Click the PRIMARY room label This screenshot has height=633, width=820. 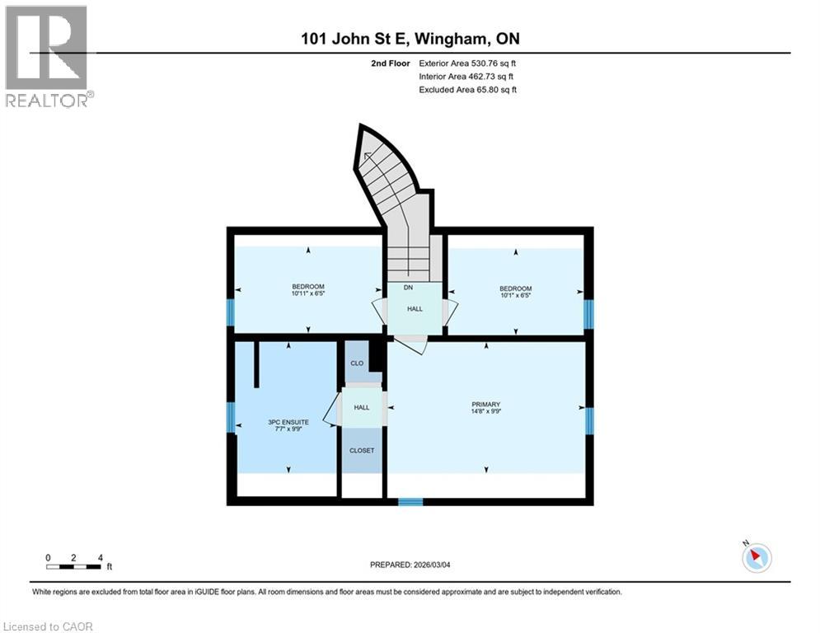(x=485, y=404)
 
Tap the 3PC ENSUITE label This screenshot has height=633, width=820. (x=288, y=421)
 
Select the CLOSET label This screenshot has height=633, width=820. (x=362, y=450)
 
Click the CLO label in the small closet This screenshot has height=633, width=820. (x=357, y=363)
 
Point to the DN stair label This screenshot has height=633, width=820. (x=407, y=288)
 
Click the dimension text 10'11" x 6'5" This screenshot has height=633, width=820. (x=307, y=293)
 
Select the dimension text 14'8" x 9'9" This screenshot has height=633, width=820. (x=485, y=411)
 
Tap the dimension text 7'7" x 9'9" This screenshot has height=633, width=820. (x=288, y=429)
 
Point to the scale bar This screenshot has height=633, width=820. (x=73, y=565)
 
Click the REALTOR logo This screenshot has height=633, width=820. (x=48, y=56)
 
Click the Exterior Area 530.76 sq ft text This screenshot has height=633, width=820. (x=467, y=63)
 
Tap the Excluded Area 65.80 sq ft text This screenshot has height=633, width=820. (x=467, y=89)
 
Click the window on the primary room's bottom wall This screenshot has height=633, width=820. (x=410, y=501)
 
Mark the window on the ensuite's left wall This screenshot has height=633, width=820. (x=231, y=417)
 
